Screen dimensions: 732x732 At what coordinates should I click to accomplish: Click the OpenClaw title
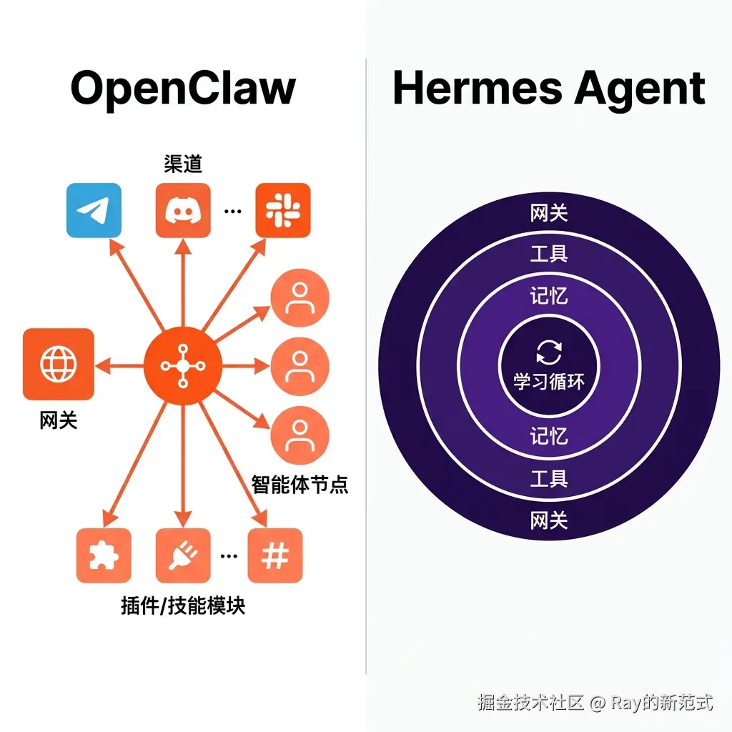point(183,89)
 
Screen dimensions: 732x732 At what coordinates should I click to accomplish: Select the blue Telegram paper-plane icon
point(94,210)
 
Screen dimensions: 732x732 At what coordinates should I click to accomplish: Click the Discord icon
point(183,210)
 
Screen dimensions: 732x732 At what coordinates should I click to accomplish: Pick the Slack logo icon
point(283,210)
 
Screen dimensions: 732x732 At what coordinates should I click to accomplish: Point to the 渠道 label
point(183,164)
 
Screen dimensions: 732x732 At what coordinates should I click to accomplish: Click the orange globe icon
point(59,364)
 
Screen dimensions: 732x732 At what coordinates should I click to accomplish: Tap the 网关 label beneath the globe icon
point(59,420)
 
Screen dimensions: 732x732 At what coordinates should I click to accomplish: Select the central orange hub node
point(183,365)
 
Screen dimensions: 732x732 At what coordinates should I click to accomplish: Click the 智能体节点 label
point(300,485)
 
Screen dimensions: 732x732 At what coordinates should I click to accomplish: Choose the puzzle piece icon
point(104,555)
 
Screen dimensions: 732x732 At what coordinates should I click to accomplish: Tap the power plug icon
point(183,555)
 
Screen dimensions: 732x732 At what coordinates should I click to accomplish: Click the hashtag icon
point(275,555)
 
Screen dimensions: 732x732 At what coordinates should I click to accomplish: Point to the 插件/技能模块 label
point(183,606)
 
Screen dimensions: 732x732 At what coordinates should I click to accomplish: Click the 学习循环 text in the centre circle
point(549,381)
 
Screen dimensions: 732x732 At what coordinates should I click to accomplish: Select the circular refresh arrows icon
point(549,352)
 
